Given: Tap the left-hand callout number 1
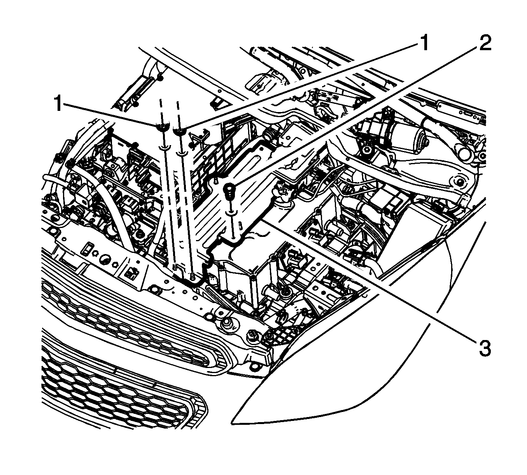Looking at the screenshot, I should click(58, 104).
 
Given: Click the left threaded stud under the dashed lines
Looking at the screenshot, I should click(175, 267).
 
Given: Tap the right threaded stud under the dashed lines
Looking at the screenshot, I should click(192, 276).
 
